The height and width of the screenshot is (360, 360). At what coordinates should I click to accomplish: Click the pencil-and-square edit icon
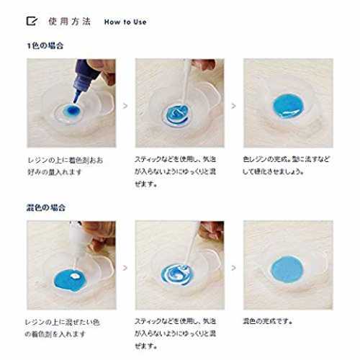point(32,21)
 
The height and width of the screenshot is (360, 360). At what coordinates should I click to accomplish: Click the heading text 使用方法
point(70,22)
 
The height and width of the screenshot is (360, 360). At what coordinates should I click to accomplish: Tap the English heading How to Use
point(125,22)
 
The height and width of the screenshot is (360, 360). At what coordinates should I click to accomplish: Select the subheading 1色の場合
point(45,45)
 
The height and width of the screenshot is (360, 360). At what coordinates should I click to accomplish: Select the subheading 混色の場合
point(45,207)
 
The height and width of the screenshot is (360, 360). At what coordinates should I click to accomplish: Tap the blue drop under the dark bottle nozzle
point(71,111)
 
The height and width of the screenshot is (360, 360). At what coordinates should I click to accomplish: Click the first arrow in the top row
point(125,106)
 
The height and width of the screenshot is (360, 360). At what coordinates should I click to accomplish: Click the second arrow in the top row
point(233,106)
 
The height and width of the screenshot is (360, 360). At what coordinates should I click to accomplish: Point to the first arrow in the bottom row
point(125,268)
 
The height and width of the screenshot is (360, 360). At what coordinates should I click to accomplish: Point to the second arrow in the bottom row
point(233,268)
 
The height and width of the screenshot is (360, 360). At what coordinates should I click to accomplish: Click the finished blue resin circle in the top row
point(288,106)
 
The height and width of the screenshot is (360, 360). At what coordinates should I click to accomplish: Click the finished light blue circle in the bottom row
point(287,269)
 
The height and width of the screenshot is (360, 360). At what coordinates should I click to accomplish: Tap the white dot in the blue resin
point(76,276)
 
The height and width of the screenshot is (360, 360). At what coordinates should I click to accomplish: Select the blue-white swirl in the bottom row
point(177,274)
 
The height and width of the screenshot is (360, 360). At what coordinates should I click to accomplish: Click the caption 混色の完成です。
point(268,321)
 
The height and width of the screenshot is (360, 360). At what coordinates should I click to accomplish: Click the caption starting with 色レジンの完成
point(286,166)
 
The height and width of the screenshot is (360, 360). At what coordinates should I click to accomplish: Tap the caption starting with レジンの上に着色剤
point(66,166)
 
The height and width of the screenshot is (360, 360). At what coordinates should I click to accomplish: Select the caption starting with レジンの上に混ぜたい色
point(63,328)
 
